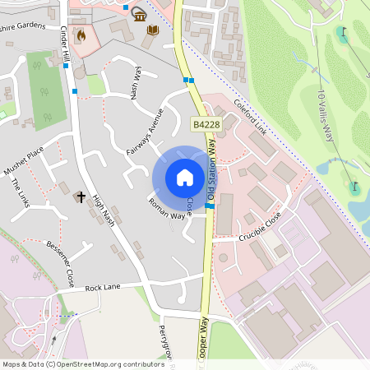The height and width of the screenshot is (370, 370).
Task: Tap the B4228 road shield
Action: pos(206,123)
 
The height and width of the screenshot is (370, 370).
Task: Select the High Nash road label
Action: pos(104,211)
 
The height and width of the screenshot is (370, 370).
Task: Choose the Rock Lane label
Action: pos(103,288)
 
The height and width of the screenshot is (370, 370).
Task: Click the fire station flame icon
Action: pos(81,36)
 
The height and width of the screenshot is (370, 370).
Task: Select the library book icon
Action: pos(152,30)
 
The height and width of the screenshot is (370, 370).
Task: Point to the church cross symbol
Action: pos(81,197)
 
